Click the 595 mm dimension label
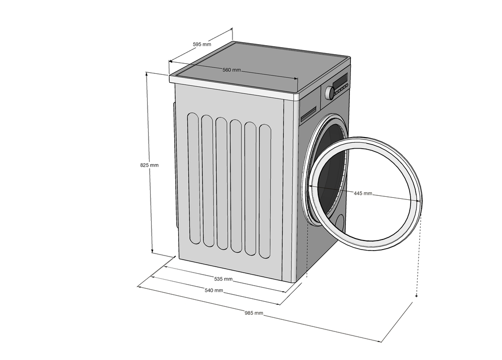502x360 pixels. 202,44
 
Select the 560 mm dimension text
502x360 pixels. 232,70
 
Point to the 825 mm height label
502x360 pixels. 149,165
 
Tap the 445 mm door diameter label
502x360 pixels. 363,193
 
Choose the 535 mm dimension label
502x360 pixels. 223,279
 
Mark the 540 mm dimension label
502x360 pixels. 214,290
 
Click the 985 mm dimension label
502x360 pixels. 254,313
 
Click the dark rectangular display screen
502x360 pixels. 340,80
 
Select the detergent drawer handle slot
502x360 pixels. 309,114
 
